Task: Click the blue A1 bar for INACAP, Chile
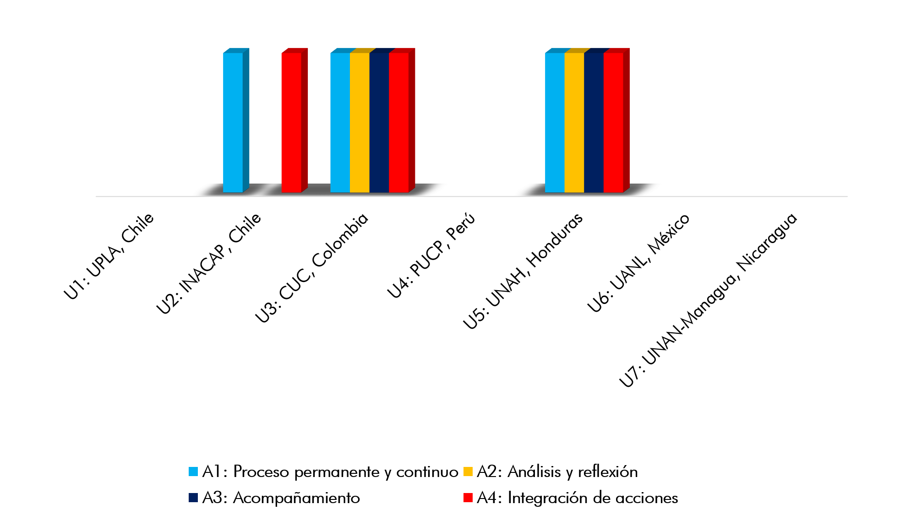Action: point(233,123)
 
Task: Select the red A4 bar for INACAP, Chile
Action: point(291,123)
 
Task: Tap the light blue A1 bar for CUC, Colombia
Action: point(340,123)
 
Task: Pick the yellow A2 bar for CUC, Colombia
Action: point(360,123)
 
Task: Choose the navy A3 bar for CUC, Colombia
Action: point(379,123)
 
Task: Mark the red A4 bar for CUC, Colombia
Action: point(398,123)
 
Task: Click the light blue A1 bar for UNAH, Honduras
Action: point(555,123)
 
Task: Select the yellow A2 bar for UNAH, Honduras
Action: point(574,123)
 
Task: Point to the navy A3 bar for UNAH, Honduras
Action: point(594,123)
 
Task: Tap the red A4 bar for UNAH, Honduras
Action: point(613,123)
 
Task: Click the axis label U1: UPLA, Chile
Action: point(109,256)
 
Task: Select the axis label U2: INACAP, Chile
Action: point(209,264)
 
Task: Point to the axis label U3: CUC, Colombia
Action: point(312,268)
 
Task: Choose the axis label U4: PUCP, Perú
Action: point(431,255)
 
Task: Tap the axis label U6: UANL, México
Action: point(638,263)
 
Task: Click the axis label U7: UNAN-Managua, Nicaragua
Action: point(708,300)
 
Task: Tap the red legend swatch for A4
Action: point(468,498)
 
